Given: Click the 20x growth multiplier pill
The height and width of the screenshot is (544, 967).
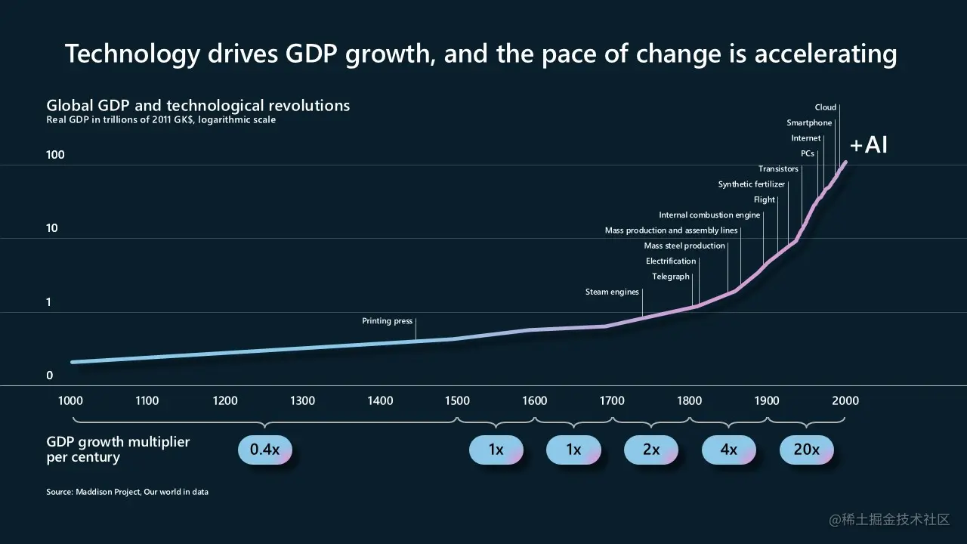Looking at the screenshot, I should point(806,450).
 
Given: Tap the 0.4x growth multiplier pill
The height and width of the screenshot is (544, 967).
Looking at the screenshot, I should point(264,450).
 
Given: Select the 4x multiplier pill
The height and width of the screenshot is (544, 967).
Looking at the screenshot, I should point(728,450).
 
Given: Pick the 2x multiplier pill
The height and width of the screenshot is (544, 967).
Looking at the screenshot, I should point(650,450).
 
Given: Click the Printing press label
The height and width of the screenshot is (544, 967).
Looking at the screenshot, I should point(387,321).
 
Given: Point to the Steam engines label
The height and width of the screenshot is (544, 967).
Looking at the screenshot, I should point(612,292).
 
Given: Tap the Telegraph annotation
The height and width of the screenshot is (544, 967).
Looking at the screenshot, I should point(671,277).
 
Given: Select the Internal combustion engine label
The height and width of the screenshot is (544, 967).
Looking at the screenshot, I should point(709,215).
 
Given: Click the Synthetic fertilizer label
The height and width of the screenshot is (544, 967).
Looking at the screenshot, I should point(751,184).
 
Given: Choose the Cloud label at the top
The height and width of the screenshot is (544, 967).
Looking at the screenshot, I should point(825,107).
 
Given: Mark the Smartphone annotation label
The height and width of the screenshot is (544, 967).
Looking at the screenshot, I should point(809,123).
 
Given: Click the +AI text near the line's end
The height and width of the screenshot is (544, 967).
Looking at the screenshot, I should point(868,144).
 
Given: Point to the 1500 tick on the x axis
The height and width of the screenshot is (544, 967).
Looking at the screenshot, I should point(457,400).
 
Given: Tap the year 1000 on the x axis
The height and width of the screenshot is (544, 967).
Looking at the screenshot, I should point(70,400).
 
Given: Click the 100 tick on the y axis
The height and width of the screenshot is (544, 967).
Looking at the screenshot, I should point(56,155).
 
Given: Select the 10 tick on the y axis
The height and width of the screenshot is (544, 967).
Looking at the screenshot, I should point(52,228).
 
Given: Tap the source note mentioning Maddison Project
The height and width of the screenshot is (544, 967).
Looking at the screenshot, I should point(127,492).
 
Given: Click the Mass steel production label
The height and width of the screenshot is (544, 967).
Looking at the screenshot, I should point(684,246).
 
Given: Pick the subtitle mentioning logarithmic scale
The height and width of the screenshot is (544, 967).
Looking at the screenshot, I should point(161,120).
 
